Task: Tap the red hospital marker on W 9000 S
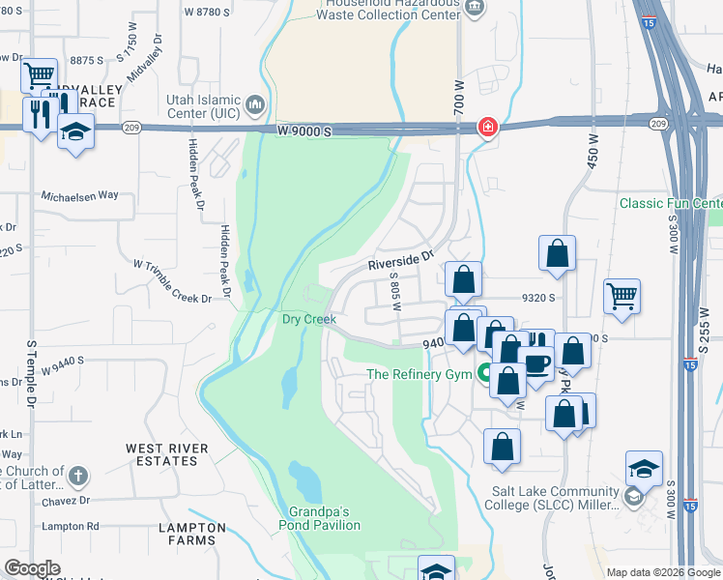pyautogui.click(x=488, y=127)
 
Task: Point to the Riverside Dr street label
pyautogui.click(x=396, y=261)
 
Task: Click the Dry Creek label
pyautogui.click(x=308, y=318)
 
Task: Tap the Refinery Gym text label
pyautogui.click(x=419, y=375)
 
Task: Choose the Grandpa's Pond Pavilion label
pyautogui.click(x=325, y=518)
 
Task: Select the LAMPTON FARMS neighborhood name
pyautogui.click(x=193, y=534)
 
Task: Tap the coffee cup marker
pyautogui.click(x=535, y=363)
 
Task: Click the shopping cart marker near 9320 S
pyautogui.click(x=622, y=297)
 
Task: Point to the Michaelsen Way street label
pyautogui.click(x=79, y=195)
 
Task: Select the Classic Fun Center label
pyautogui.click(x=671, y=204)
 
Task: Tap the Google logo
pyautogui.click(x=33, y=568)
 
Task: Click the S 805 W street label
pyautogui.click(x=394, y=290)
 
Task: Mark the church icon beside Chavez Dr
pyautogui.click(x=78, y=476)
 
